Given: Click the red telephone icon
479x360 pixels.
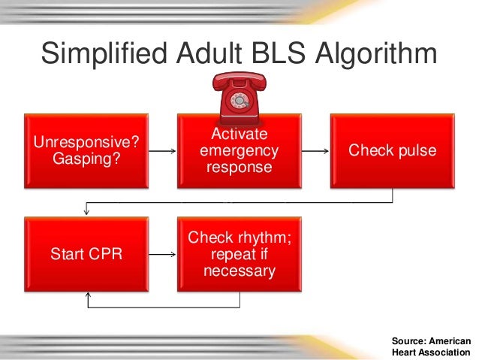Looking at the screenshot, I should pyautogui.click(x=239, y=98).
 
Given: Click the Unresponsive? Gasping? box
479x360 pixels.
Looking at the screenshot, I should pyautogui.click(x=86, y=150).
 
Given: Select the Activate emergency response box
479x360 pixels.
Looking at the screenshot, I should pyautogui.click(x=239, y=150).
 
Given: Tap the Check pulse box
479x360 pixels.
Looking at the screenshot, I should pyautogui.click(x=393, y=150).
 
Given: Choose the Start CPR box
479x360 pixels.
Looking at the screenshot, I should pyautogui.click(x=86, y=253).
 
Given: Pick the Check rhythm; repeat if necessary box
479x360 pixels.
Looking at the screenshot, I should pyautogui.click(x=239, y=253).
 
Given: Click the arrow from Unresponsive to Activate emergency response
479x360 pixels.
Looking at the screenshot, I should pyautogui.click(x=163, y=151).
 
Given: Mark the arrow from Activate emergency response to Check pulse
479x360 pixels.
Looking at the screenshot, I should pyautogui.click(x=316, y=151).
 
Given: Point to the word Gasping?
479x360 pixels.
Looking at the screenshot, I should pyautogui.click(x=86, y=159).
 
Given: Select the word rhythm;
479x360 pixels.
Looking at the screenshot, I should pyautogui.click(x=261, y=237).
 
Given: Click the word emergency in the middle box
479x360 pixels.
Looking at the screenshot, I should pyautogui.click(x=239, y=150).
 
